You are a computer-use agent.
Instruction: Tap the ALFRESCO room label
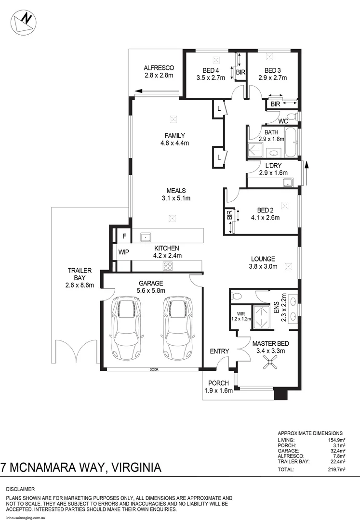point(159,68)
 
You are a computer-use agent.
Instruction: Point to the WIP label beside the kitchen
point(124,252)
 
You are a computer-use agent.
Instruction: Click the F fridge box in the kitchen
point(124,236)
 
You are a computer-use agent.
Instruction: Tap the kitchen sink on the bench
point(145,236)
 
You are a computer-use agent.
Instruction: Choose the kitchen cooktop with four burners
point(168,266)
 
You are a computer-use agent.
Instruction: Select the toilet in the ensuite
point(237,295)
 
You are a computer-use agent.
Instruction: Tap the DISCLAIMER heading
point(21,489)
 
